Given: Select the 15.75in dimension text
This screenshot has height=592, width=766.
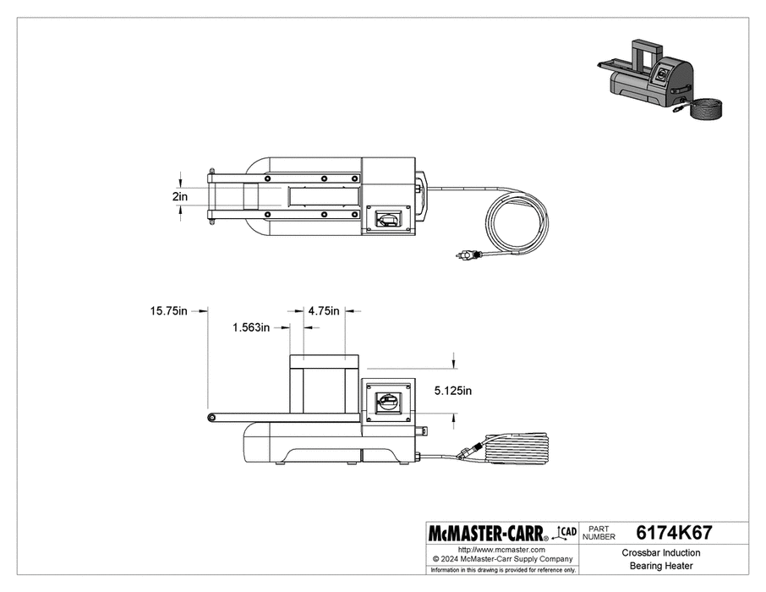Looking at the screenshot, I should [x=168, y=311].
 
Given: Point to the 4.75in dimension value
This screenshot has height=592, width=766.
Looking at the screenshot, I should [x=324, y=310].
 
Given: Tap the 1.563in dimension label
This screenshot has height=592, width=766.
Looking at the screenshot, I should [x=252, y=327].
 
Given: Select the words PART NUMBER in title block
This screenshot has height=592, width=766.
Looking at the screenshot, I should [x=601, y=534].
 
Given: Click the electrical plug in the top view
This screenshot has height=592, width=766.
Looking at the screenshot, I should [x=468, y=254].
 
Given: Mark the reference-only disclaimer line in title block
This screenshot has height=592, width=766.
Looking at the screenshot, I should [x=502, y=571].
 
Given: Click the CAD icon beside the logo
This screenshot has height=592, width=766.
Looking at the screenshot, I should [x=566, y=532].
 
